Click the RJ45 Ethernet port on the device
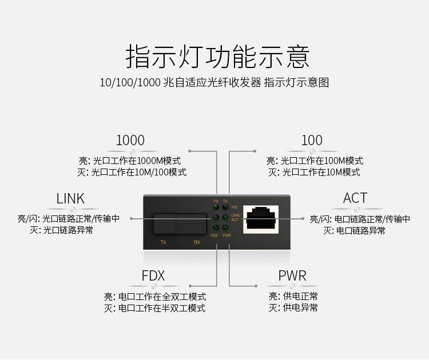pyautogui.click(x=261, y=219)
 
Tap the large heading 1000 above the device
pyautogui.click(x=130, y=140)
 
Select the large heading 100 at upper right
pyautogui.click(x=312, y=140)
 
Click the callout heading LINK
pyautogui.click(x=70, y=198)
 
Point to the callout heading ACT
pyautogui.click(x=355, y=198)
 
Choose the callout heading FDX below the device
pyautogui.click(x=153, y=275)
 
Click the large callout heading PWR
pyautogui.click(x=292, y=275)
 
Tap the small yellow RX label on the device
pyautogui.click(x=197, y=242)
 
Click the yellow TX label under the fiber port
pyautogui.click(x=164, y=242)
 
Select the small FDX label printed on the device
pyautogui.click(x=214, y=235)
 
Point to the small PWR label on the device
pyautogui.click(x=227, y=235)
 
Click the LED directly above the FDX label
pyautogui.click(x=216, y=227)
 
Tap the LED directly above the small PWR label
pyautogui.click(x=225, y=227)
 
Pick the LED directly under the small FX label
pyautogui.click(x=216, y=207)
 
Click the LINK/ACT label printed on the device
pyautogui.click(x=236, y=218)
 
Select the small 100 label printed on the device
pyautogui.click(x=234, y=207)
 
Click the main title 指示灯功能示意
pyautogui.click(x=217, y=57)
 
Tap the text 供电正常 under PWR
pyautogui.click(x=300, y=296)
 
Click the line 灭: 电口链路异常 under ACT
pyautogui.click(x=354, y=231)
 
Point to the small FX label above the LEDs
pyautogui.click(x=216, y=201)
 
